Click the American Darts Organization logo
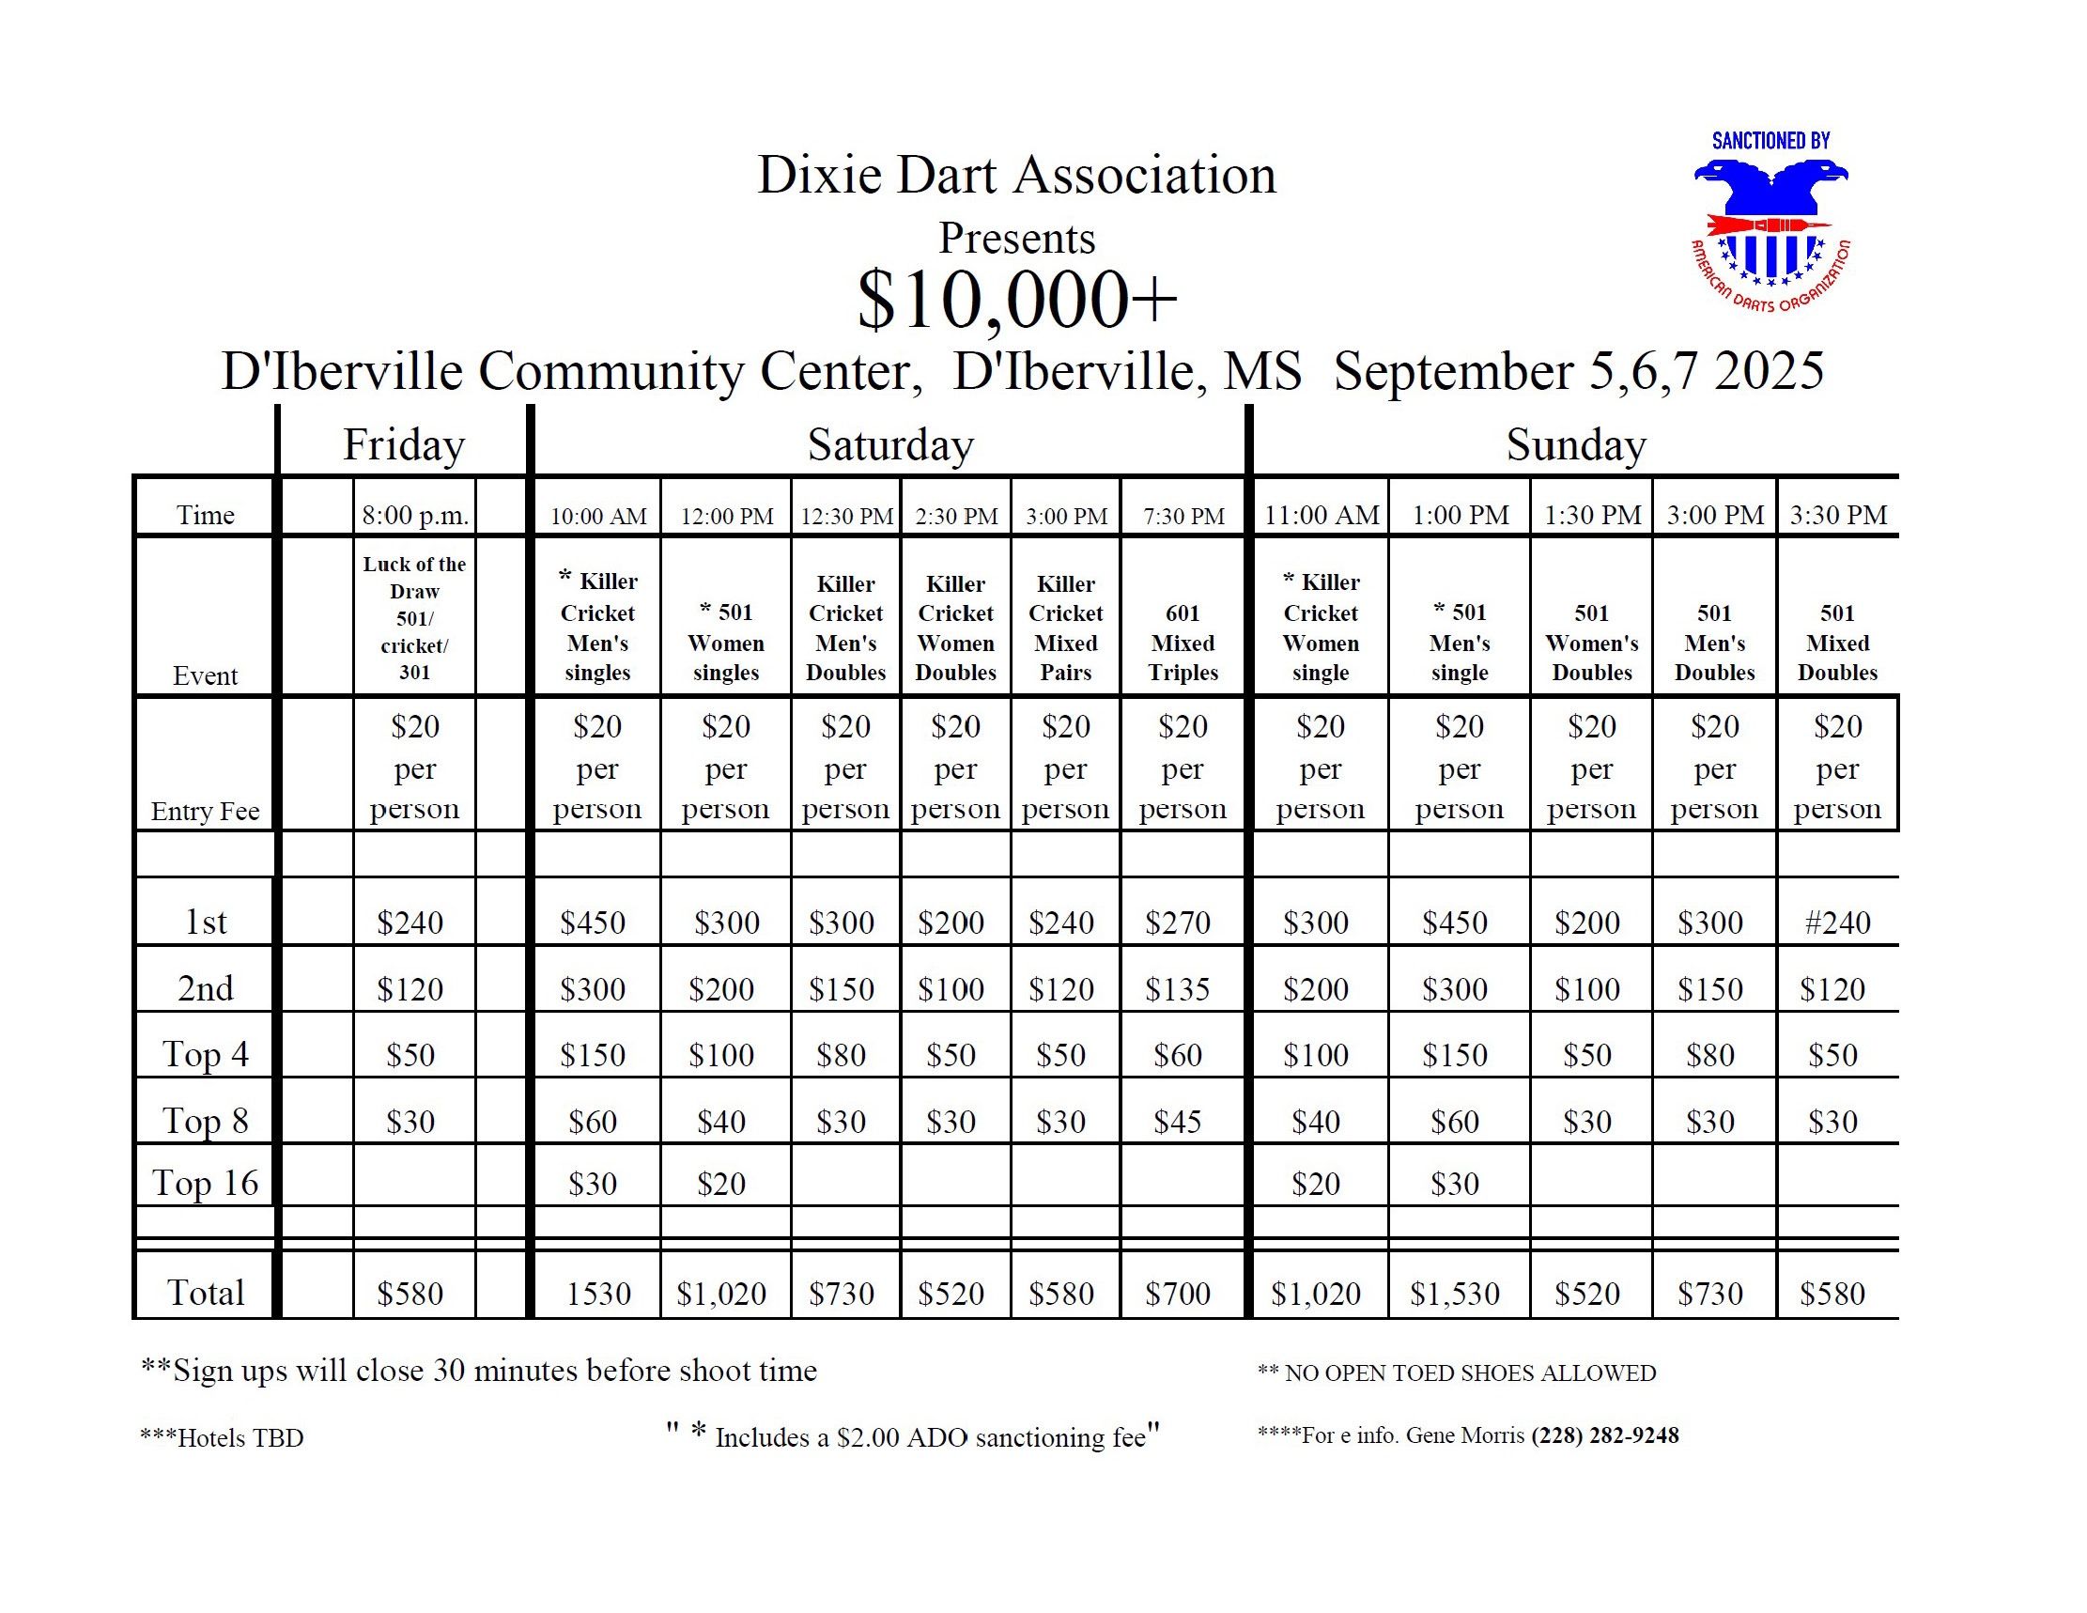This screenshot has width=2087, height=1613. (1770, 225)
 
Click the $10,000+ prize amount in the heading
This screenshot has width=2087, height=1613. (1017, 300)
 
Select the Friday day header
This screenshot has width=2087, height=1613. (403, 445)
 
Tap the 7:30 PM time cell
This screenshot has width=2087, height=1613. (1183, 516)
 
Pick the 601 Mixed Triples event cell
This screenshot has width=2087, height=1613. (1183, 643)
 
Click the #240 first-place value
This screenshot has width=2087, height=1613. (1836, 923)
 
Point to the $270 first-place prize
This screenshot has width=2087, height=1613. (1177, 923)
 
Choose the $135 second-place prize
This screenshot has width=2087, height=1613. (1177, 989)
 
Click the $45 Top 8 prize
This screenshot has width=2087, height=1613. (1177, 1121)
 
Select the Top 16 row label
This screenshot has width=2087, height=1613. (206, 1183)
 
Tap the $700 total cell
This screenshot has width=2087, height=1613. (1177, 1294)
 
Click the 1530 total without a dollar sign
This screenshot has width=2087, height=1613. (598, 1294)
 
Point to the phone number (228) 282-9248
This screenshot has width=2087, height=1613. (1604, 1435)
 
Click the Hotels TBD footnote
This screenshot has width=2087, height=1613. (222, 1438)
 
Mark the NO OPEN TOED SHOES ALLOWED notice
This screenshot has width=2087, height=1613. (1458, 1373)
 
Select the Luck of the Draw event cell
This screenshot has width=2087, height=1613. (414, 617)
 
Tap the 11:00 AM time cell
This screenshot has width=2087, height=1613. (1321, 516)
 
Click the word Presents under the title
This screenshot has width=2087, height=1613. (1017, 238)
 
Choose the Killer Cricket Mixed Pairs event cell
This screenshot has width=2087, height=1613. (1065, 628)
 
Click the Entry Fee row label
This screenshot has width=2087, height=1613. (206, 812)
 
